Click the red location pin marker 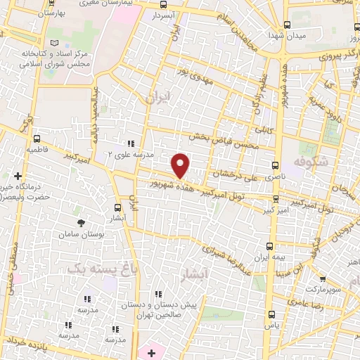pyautogui.click(x=181, y=165)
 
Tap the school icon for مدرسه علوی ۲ pyautogui.click(x=130, y=143)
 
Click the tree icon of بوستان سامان pyautogui.click(x=82, y=222)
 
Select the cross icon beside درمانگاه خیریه pyautogui.click(x=18, y=176)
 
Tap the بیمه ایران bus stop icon pyautogui.click(x=270, y=246)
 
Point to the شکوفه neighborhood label pyautogui.click(x=322, y=164)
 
